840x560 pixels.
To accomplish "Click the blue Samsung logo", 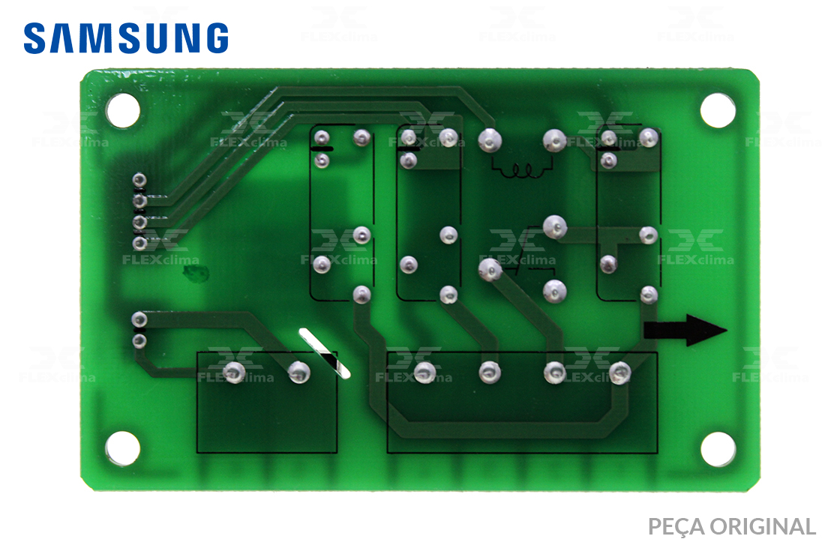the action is pyautogui.click(x=126, y=38).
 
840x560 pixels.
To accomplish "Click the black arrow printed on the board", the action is pyautogui.click(x=685, y=330).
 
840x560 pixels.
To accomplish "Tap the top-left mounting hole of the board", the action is pyautogui.click(x=123, y=110).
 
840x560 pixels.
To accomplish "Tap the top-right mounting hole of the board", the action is pyautogui.click(x=718, y=110).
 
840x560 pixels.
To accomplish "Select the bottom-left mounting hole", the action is pyautogui.click(x=123, y=448).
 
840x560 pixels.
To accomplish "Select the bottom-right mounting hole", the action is pyautogui.click(x=718, y=448).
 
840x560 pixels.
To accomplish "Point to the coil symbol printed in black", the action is pyautogui.click(x=522, y=169).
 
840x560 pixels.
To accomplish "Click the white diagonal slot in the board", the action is pyautogui.click(x=325, y=353).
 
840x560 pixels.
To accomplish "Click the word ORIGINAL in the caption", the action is pyautogui.click(x=763, y=526).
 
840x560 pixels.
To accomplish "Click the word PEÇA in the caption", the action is pyautogui.click(x=676, y=527).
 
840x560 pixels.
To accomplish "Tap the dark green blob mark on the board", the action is pyautogui.click(x=196, y=274).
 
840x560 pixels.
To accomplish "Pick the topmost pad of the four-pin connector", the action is pyautogui.click(x=139, y=179).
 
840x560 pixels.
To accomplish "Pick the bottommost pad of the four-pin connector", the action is pyautogui.click(x=139, y=244).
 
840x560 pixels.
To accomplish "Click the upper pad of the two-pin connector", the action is pyautogui.click(x=139, y=319).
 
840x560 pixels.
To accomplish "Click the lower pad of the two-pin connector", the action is pyautogui.click(x=139, y=340).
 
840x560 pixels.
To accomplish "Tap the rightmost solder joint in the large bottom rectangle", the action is pyautogui.click(x=619, y=373).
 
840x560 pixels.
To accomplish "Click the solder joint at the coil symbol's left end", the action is pyautogui.click(x=490, y=140).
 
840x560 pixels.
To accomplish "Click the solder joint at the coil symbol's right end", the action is pyautogui.click(x=554, y=140).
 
